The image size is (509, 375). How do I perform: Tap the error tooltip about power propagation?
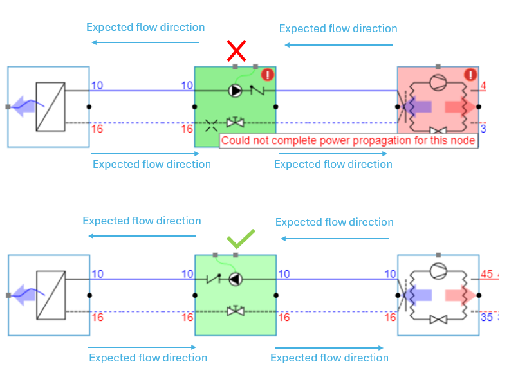point(348,141)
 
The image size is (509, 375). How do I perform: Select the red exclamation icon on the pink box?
point(470,75)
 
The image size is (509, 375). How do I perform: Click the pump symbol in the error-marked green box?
point(236,91)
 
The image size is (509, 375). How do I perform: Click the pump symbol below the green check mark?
point(236,279)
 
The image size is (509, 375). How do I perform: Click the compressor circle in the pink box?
point(438,82)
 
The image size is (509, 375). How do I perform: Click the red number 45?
point(487,274)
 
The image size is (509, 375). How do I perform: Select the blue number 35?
point(487,317)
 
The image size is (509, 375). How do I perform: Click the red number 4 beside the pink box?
point(483,86)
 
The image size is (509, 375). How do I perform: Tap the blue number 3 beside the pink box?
point(483,129)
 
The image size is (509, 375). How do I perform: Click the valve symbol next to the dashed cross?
point(236,122)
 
